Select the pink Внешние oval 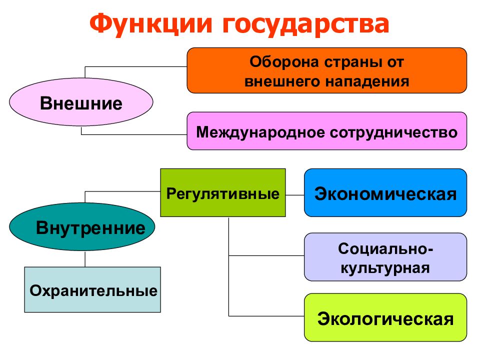[81, 103]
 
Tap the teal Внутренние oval [82, 228]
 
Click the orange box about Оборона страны [326, 70]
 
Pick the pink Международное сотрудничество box [326, 131]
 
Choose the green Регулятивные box [222, 192]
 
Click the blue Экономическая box [385, 192]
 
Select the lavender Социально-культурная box [385, 256]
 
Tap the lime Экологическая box [385, 317]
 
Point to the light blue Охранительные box [92, 289]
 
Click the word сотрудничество [393, 132]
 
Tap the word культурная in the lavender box [385, 266]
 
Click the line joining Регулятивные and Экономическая [295, 194]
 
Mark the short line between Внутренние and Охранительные [85, 259]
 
